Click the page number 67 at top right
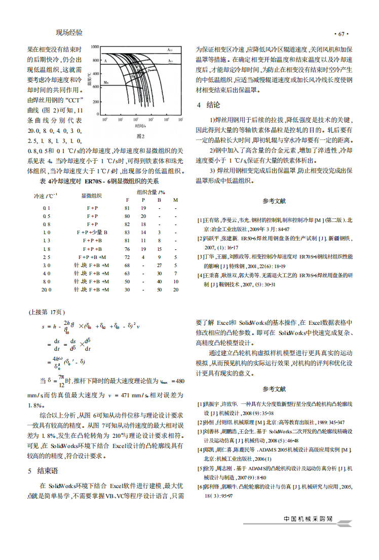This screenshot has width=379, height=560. point(340,34)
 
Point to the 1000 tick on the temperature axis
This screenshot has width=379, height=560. point(95,47)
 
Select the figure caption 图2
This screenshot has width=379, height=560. point(141,136)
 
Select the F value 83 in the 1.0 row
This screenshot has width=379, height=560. point(127,232)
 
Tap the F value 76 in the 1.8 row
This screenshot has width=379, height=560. point(127,249)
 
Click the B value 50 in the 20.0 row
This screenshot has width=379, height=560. point(160,289)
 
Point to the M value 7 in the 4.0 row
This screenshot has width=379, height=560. point(175,273)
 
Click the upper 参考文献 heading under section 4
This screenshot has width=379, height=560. point(274,201)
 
